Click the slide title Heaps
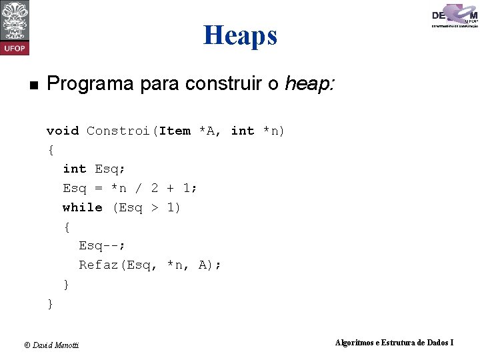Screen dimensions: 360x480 pos(240,35)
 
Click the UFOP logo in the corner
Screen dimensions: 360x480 pos(15,27)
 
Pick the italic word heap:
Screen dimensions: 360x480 pos(309,84)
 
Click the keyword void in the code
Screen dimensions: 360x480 pos(63,131)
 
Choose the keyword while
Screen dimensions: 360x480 pos(83,207)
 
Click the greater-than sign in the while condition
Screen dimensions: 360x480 pos(154,207)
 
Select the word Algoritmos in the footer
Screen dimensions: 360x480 pos(354,343)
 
